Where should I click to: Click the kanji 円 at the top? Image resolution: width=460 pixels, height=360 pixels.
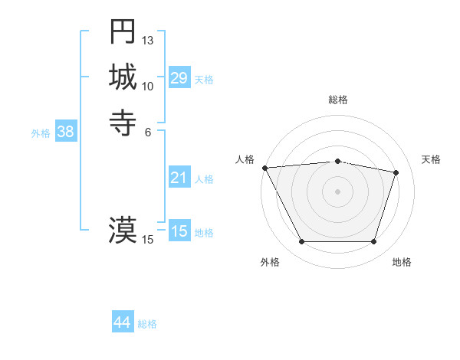(123, 31)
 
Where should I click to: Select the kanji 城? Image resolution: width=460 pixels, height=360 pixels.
(123, 77)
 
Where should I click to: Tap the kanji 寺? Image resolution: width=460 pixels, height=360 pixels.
(123, 122)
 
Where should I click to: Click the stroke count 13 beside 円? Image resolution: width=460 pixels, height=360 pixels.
(148, 40)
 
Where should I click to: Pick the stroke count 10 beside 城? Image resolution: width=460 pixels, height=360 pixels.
(148, 86)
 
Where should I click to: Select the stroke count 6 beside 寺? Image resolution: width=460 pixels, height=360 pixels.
(148, 131)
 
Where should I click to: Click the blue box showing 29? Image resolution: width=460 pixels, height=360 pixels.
(179, 78)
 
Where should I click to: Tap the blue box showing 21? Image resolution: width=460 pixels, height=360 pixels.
(179, 178)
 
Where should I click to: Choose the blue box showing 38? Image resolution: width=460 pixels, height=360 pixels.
(65, 132)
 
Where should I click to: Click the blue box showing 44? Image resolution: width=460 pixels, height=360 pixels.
(122, 323)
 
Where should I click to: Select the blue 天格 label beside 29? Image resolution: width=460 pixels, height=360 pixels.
(204, 79)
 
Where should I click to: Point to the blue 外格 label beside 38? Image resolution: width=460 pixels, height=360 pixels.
(41, 133)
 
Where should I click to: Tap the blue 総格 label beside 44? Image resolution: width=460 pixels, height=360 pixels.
(147, 324)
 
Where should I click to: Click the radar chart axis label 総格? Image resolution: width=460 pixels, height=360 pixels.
(337, 100)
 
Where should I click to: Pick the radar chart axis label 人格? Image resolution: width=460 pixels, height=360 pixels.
(245, 159)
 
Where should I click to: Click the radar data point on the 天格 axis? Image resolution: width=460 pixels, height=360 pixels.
(396, 172)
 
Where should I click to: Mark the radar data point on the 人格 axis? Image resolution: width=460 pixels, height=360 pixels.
(264, 167)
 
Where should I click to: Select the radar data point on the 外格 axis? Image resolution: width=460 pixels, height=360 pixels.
(301, 242)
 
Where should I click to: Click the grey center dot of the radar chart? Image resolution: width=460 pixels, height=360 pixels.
(337, 191)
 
